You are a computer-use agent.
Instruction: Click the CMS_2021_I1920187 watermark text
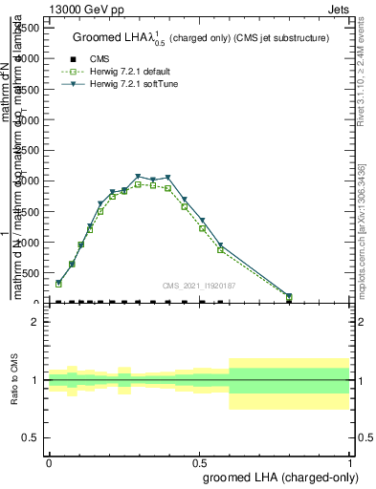point(199,285)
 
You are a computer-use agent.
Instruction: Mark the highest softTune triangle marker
point(139,177)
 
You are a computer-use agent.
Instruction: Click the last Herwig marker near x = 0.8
point(289,297)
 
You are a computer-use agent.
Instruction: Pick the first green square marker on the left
point(58,284)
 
